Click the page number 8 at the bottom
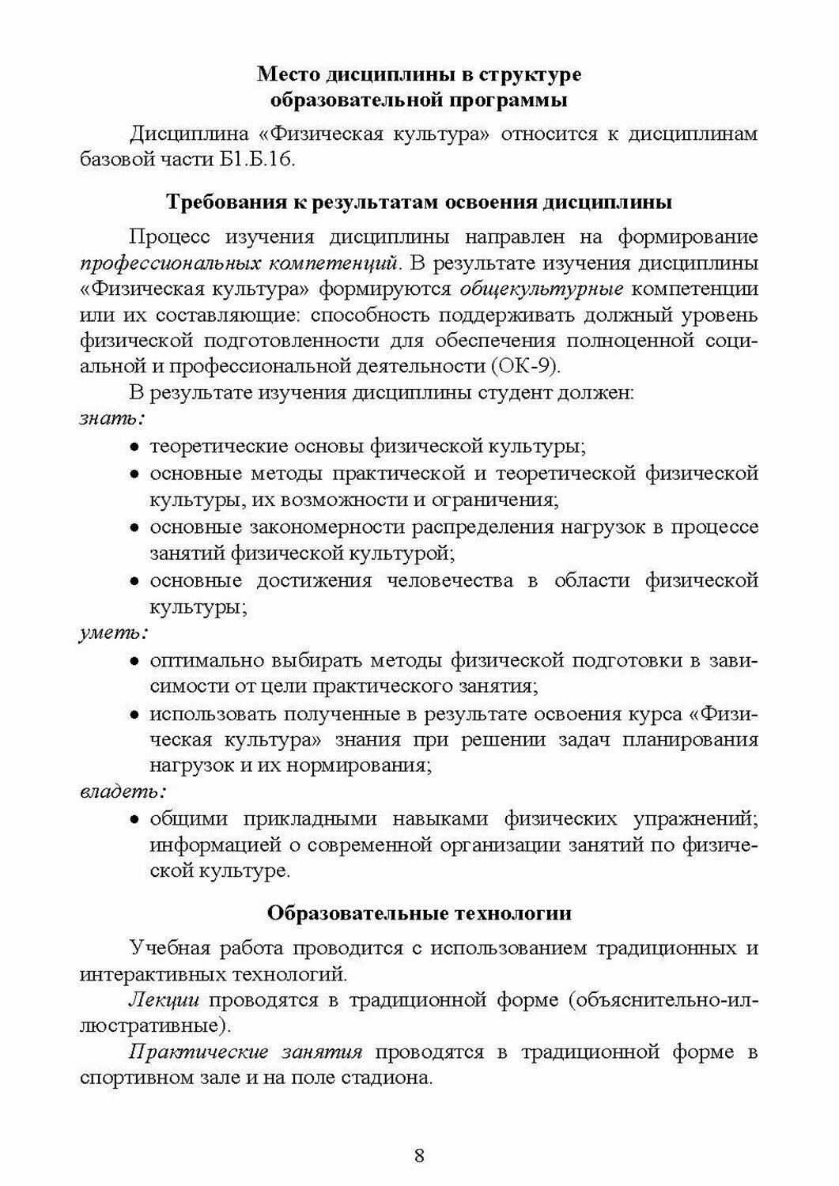coord(419,1156)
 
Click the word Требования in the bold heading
coord(219,202)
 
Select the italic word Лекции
coord(164,999)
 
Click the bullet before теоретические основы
coord(135,448)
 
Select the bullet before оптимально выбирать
coord(135,661)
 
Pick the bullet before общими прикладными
coord(135,820)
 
